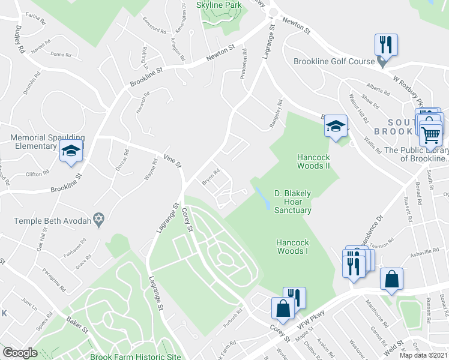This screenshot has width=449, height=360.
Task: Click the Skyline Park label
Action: pyautogui.click(x=219, y=5)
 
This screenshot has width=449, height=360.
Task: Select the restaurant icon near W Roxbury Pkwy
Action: pyautogui.click(x=384, y=44)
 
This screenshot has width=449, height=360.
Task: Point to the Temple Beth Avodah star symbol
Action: pyautogui.click(x=100, y=221)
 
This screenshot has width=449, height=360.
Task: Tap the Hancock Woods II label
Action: pyautogui.click(x=313, y=161)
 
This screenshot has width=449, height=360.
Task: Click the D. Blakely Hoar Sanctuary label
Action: pyautogui.click(x=293, y=202)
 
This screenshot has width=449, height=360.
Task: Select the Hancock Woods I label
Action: pyautogui.click(x=292, y=247)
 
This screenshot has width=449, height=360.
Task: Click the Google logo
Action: pyautogui.click(x=20, y=352)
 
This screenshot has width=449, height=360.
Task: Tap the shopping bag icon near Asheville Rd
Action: pyautogui.click(x=391, y=279)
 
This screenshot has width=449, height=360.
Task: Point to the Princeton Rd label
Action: pyautogui.click(x=244, y=66)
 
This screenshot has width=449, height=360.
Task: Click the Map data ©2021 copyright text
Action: pyautogui.click(x=423, y=355)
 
